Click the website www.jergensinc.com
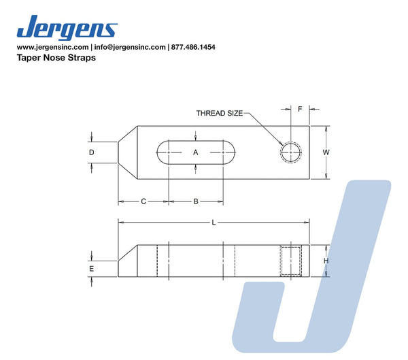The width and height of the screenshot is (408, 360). point(52,47)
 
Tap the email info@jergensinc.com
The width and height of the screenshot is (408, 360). point(130,47)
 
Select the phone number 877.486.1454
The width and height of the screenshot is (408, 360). point(193,47)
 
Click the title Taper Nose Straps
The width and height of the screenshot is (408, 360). point(56,57)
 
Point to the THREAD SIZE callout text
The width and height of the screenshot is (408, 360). point(220,114)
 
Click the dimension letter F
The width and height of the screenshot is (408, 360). point(300,109)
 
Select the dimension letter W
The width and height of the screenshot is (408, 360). point(326,152)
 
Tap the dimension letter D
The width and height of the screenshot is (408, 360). point(92,152)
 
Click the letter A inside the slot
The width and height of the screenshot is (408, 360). point(196,152)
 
